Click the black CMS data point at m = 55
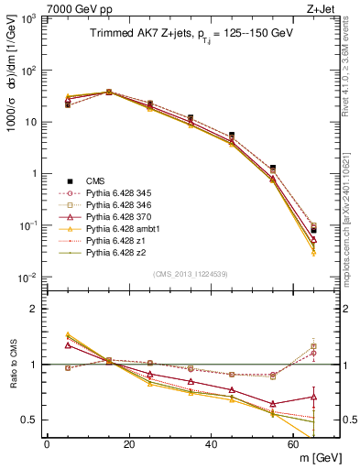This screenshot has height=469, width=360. pos(274,168)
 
